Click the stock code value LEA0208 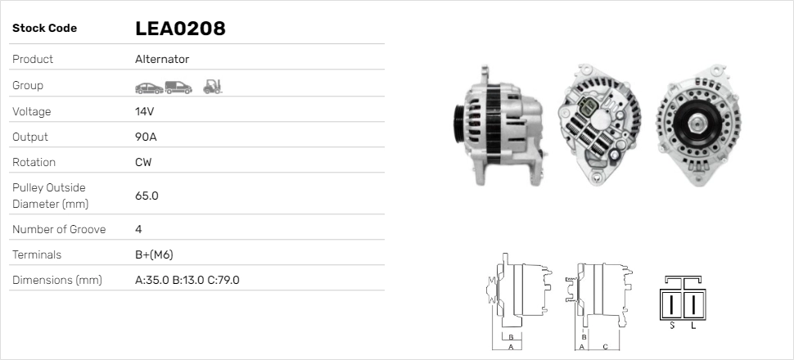tap(180, 29)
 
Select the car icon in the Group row tap(149, 88)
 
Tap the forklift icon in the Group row tap(213, 87)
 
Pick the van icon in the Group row tap(178, 88)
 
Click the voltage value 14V tap(144, 111)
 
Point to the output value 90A tap(146, 137)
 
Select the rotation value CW tap(143, 162)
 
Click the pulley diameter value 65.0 tap(147, 196)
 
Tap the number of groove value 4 tap(139, 229)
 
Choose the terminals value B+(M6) tap(154, 254)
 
